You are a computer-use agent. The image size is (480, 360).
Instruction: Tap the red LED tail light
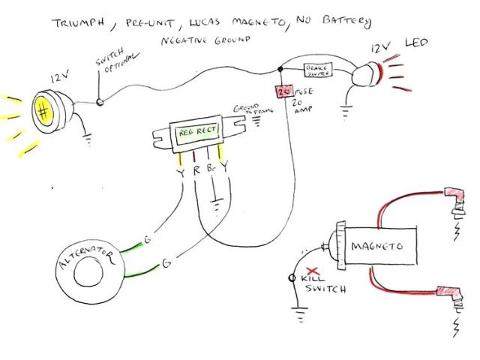click(368, 74)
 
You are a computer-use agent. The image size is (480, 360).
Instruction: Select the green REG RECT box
click(196, 136)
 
